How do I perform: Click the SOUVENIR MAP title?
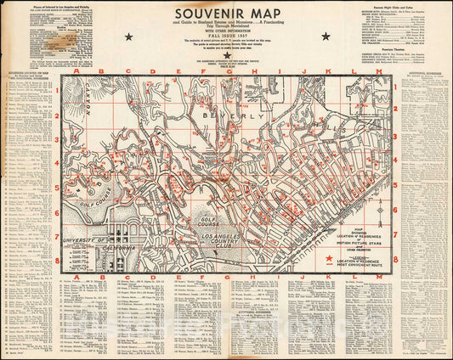click(x=226, y=14)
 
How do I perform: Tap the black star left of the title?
click(x=128, y=37)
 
